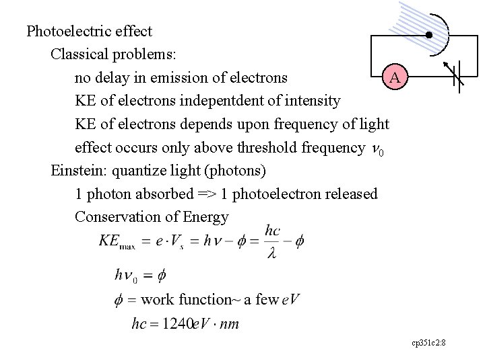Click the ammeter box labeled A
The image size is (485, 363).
(x=395, y=77)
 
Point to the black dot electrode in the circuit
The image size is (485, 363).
(x=428, y=35)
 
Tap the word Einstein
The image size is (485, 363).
(x=73, y=171)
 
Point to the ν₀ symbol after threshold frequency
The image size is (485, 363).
(x=380, y=149)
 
